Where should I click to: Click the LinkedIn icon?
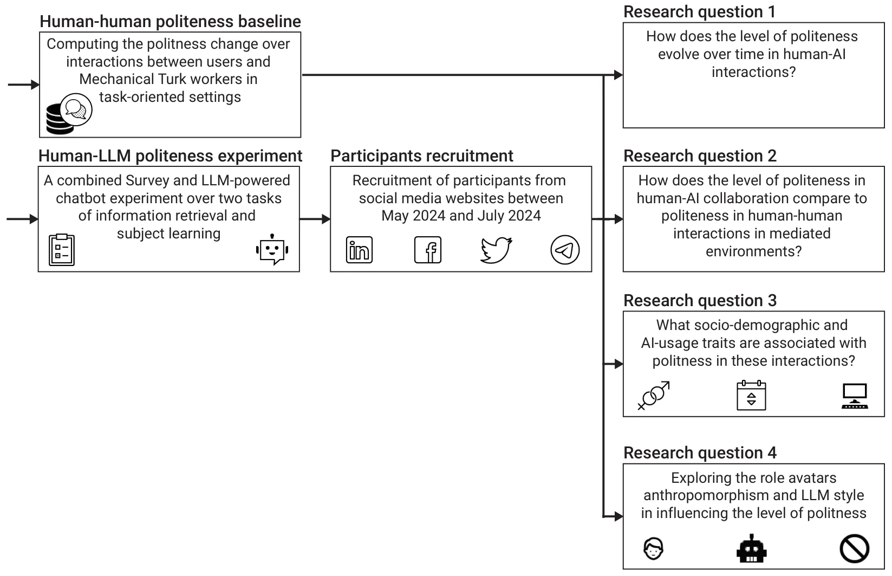359,250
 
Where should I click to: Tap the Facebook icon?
428,250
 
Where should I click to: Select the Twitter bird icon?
496,250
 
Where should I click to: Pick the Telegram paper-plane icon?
565,250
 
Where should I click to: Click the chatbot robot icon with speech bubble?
272,249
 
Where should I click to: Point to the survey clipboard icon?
62,250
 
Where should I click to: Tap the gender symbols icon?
654,396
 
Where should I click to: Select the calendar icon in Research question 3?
751,395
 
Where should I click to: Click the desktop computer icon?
855,396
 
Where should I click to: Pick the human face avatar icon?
654,548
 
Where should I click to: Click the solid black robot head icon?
751,548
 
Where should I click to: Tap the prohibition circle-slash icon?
855,548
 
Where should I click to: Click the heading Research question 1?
700,12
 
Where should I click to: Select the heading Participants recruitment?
422,156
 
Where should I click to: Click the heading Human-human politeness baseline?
171,22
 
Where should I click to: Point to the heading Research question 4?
700,453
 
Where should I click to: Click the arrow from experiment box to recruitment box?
315,219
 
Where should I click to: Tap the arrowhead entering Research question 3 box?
619,364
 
